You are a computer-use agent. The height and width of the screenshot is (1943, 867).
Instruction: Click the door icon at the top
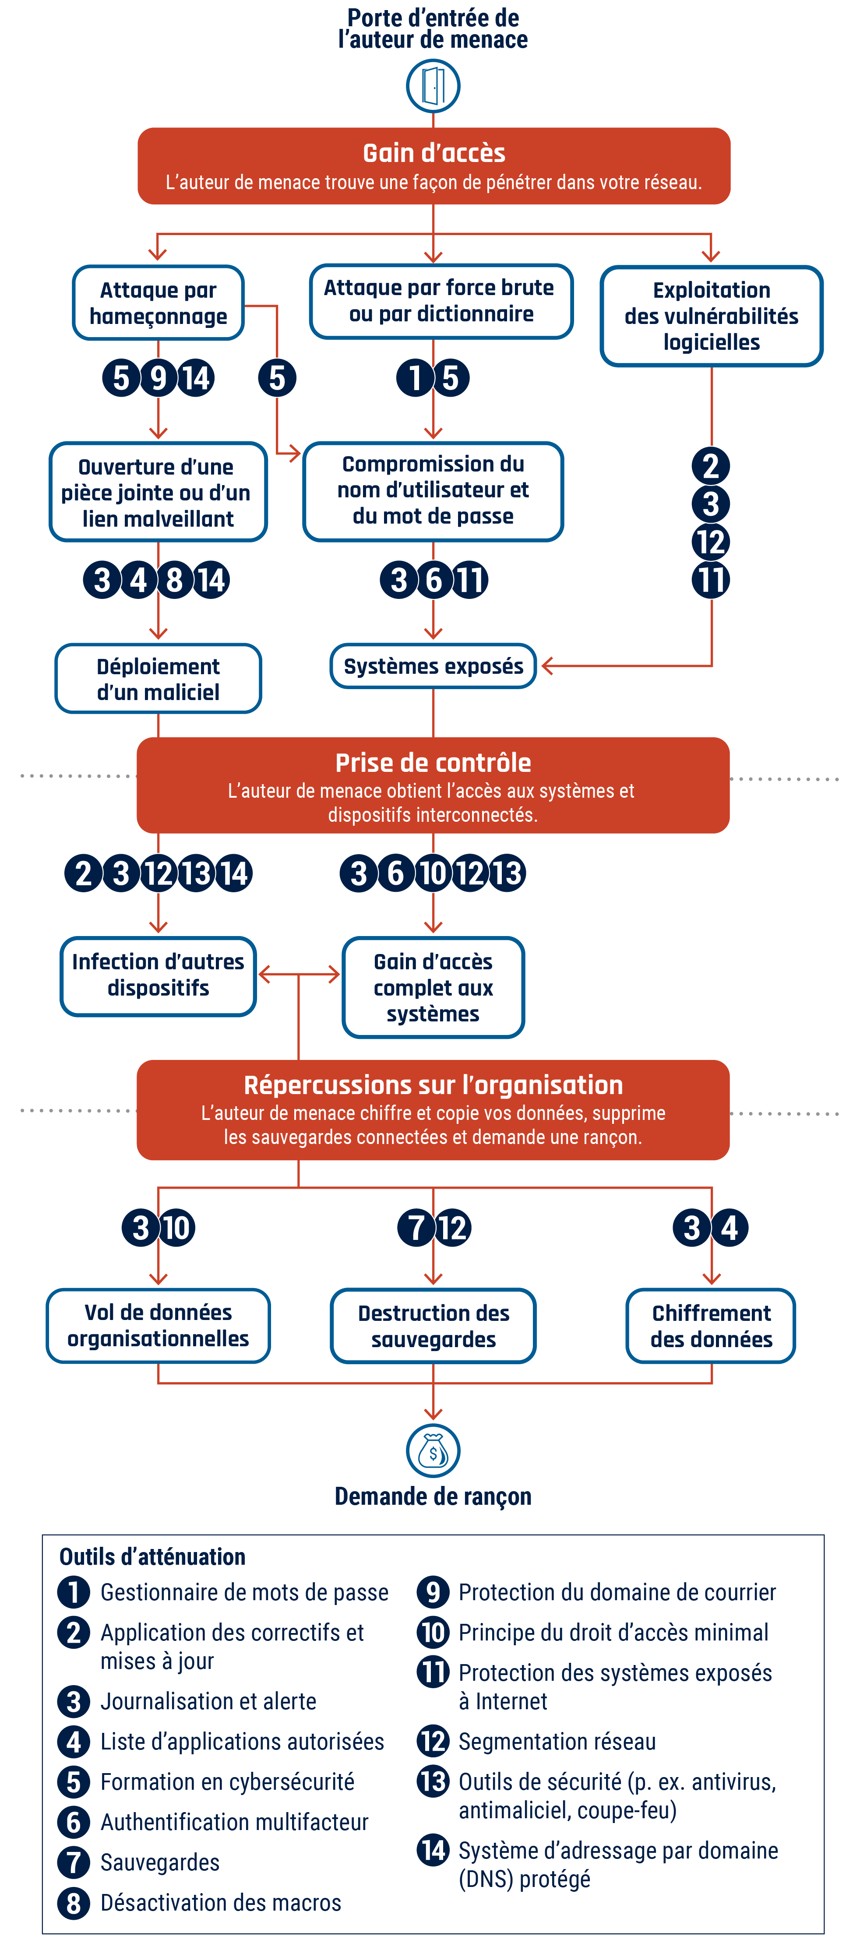click(x=433, y=86)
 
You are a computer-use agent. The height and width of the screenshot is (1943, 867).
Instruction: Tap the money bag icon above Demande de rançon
click(x=433, y=1450)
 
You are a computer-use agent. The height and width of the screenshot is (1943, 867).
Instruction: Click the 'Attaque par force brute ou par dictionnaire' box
click(x=441, y=301)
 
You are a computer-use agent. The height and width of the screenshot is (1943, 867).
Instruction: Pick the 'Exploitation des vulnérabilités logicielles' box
click(x=711, y=316)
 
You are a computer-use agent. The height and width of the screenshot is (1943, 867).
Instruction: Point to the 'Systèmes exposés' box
click(x=433, y=666)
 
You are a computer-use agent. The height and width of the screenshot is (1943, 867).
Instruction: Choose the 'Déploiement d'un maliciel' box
click(x=159, y=679)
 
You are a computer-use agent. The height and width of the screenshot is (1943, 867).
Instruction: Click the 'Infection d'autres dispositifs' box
click(x=159, y=975)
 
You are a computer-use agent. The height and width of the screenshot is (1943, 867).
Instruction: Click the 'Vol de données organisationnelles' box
click(x=159, y=1325)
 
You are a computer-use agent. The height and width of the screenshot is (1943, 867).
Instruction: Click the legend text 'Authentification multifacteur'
click(x=234, y=1822)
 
